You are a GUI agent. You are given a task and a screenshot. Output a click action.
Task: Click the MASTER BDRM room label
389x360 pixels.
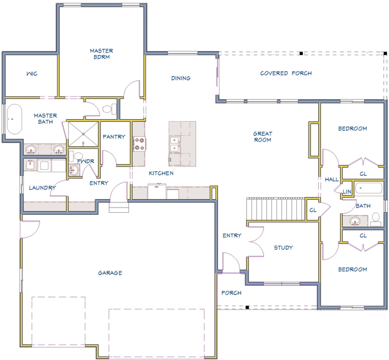pos(101,54)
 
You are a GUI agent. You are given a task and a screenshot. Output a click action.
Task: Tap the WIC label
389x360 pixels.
pos(32,74)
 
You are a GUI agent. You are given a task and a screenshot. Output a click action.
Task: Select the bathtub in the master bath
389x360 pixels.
pos(15,119)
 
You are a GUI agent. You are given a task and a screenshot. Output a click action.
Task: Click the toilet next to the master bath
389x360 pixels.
pos(109,109)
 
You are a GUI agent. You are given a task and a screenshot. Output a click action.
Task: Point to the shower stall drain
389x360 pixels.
pos(83,134)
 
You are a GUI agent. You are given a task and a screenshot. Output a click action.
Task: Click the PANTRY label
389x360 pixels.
pos(114,137)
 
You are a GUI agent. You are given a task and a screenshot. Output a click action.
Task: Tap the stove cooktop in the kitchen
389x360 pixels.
pos(139,144)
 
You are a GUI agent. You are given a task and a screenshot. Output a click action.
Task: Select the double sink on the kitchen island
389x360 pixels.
pos(175,144)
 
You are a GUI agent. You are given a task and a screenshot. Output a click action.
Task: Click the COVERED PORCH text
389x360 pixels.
pos(286,73)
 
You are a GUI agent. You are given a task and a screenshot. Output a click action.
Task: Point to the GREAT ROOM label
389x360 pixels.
pos(263,137)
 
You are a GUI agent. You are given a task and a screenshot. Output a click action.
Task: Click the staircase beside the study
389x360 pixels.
pos(276,209)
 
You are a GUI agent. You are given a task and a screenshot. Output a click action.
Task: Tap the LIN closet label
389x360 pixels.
pos(347,191)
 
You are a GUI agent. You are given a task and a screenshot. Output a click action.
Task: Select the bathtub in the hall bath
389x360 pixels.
pos(369,188)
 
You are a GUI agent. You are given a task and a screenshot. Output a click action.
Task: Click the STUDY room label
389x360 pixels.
pos(283,248)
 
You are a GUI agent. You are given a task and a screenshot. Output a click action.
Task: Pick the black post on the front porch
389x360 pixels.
pos(247,307)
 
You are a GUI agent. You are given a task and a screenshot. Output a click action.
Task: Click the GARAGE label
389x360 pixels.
pos(110,273)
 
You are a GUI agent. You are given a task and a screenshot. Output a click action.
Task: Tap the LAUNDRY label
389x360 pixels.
pos(42,188)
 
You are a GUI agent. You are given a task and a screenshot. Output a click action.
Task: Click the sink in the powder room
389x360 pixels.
pos(74,170)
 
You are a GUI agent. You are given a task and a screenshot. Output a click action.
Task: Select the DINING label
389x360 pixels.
pos(181,78)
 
